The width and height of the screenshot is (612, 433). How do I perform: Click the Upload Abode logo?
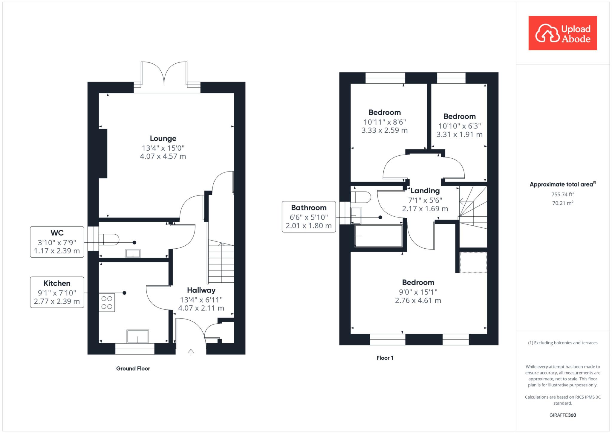[x=563, y=33]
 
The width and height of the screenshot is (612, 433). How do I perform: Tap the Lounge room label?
[x=163, y=138]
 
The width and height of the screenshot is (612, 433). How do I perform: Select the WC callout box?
[x=57, y=242]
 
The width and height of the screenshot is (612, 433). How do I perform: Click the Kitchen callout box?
[x=57, y=292]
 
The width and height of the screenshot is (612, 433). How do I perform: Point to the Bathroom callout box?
[x=309, y=217]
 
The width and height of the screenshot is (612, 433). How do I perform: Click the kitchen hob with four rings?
[x=107, y=302]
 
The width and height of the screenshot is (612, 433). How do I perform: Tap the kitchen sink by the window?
[x=138, y=336]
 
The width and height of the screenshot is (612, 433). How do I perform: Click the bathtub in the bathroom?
[x=378, y=236]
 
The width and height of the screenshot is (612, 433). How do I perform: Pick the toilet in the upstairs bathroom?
[x=361, y=197]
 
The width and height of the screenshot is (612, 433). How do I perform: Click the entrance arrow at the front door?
[x=191, y=352]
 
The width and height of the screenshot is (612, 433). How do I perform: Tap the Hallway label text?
[x=201, y=290]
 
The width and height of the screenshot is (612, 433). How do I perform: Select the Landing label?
[x=425, y=191]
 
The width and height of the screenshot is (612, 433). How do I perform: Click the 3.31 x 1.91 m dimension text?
[x=459, y=134]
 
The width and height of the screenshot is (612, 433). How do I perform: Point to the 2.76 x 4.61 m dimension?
[x=418, y=301]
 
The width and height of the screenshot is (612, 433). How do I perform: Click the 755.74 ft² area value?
[x=563, y=194]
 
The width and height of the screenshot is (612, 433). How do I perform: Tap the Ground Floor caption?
[x=133, y=368]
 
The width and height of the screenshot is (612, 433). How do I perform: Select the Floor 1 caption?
[x=385, y=358]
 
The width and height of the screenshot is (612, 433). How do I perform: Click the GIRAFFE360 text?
[x=563, y=415]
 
